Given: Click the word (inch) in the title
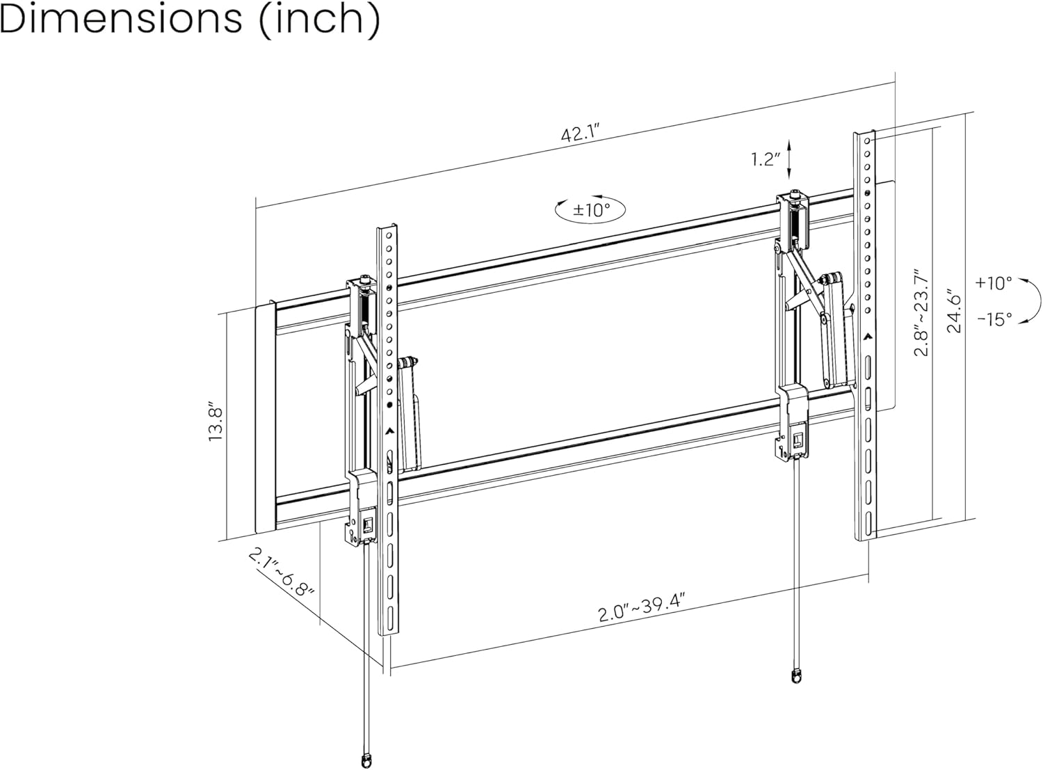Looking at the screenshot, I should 319,21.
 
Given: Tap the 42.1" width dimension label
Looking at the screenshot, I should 580,134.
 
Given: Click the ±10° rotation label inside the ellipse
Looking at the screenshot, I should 590,209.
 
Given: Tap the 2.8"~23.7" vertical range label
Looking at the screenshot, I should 921,313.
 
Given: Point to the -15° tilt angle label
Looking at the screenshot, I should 994,319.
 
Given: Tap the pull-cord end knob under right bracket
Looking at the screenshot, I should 795,675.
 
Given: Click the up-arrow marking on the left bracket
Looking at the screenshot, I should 390,429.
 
